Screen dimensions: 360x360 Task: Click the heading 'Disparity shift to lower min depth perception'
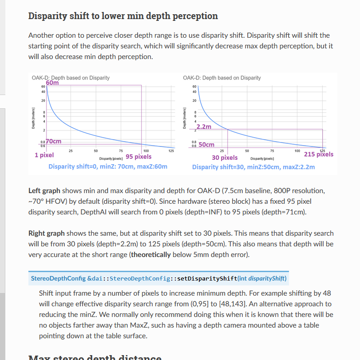tap(123, 16)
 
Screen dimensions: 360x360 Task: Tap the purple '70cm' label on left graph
tap(53, 141)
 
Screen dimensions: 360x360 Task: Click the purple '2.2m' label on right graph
tap(204, 127)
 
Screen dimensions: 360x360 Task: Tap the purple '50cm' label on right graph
tap(206, 144)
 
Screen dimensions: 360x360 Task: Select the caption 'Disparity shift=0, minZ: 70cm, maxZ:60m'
tap(108, 166)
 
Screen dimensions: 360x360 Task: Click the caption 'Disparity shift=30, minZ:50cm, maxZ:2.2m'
tap(253, 167)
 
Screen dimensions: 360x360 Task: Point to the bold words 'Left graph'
tap(44, 190)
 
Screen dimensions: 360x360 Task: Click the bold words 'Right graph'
tap(46, 233)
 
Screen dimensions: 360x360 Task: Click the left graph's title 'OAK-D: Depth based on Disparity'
tap(71, 78)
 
